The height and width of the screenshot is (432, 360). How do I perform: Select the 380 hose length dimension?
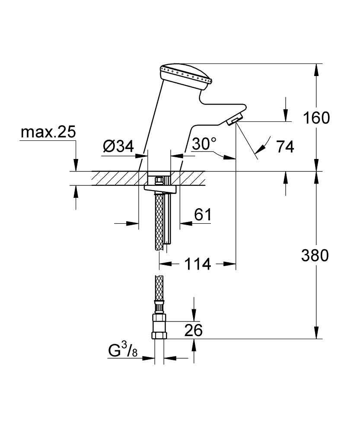point(315,256)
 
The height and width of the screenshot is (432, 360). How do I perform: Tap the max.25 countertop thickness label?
point(48,131)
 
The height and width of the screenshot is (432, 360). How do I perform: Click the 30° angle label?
point(204,144)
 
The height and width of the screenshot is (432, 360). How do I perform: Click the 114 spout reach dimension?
point(198,264)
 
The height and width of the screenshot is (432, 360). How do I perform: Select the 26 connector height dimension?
point(193,330)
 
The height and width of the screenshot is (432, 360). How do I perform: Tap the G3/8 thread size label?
point(122,350)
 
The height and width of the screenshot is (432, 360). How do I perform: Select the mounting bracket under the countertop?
point(161,188)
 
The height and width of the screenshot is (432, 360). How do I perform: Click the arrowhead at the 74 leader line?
point(259,149)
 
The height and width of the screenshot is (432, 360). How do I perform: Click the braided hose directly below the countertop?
point(159,220)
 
